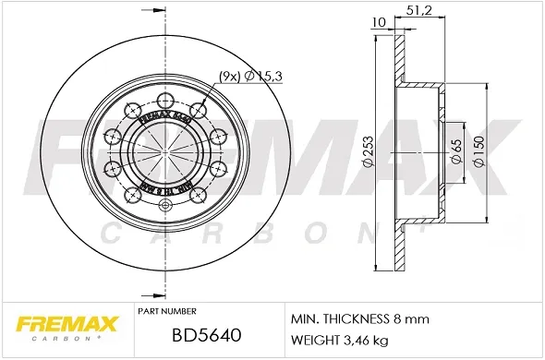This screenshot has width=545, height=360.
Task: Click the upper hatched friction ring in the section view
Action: point(400,60)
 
